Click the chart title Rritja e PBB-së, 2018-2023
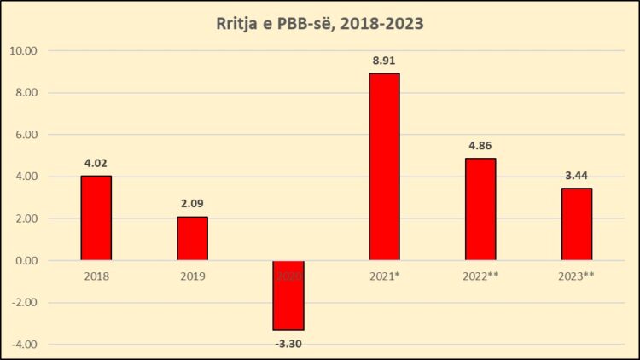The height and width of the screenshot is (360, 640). coord(319,24)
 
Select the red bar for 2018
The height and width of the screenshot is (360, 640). coord(96,218)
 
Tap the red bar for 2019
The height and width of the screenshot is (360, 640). coord(192,238)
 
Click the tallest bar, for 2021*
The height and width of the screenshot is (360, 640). coord(384,166)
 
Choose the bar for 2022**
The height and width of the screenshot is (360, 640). coord(480,209)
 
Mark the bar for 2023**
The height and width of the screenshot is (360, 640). coord(576,224)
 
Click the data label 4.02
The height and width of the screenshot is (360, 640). coord(96,163)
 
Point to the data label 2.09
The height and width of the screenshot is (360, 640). coord(192,204)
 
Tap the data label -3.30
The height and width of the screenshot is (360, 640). coord(288,343)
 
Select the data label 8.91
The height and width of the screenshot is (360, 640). coord(384,61)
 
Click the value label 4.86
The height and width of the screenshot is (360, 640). coord(480,145)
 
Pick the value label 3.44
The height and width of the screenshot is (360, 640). coord(576,175)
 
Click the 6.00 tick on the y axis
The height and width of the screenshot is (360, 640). coord(26,134)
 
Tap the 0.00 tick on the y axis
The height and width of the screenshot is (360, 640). coord(26,260)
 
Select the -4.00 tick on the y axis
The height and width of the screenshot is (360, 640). coord(25,344)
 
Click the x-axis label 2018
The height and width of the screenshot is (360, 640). coord(96,276)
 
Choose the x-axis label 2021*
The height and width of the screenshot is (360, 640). coord(384,276)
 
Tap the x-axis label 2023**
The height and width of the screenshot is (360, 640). coord(576,276)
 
